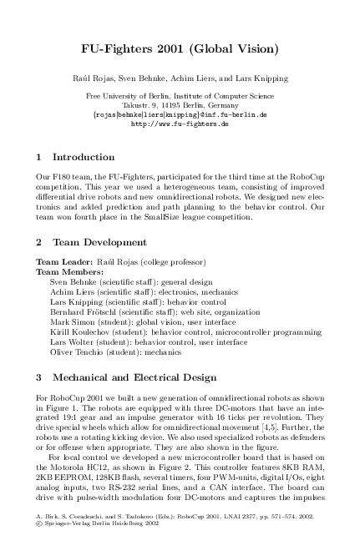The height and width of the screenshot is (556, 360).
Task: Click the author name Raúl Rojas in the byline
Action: click(x=91, y=78)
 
